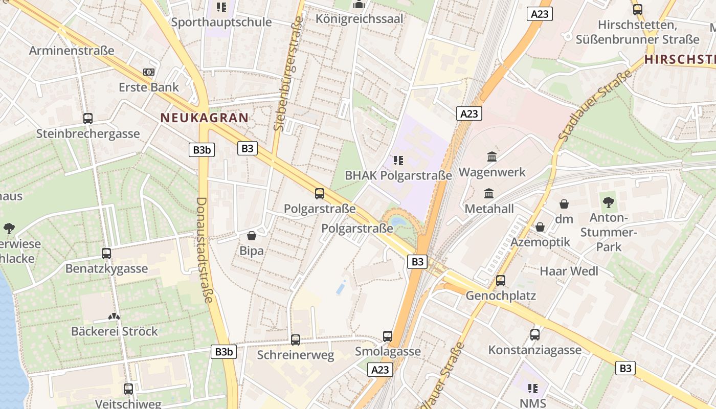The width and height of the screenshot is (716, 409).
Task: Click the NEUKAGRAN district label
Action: (x=205, y=118)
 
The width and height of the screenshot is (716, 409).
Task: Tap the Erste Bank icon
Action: (x=149, y=72)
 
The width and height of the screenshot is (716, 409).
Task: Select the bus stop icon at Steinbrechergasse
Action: (x=88, y=119)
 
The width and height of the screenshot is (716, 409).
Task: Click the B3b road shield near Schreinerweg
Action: (x=223, y=352)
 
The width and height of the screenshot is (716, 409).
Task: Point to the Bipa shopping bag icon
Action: (x=252, y=236)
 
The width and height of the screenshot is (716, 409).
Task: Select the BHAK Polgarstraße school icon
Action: (x=398, y=161)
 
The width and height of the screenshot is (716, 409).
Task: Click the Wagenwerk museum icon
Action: (x=492, y=156)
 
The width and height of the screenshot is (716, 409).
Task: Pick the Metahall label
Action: (x=489, y=209)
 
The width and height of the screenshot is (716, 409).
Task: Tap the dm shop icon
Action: (x=564, y=204)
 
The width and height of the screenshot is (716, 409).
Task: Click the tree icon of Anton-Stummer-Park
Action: (x=609, y=202)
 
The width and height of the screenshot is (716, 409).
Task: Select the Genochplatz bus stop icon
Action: (x=501, y=280)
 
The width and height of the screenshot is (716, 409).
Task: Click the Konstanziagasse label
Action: (x=534, y=350)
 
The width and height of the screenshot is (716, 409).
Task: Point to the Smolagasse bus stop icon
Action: (x=388, y=336)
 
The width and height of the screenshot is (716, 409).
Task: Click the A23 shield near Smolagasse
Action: (x=380, y=370)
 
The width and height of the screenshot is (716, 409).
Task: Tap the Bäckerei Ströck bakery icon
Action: (x=114, y=316)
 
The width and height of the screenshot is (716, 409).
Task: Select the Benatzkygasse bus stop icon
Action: (x=106, y=253)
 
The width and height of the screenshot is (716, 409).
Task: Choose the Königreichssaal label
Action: (x=360, y=19)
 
